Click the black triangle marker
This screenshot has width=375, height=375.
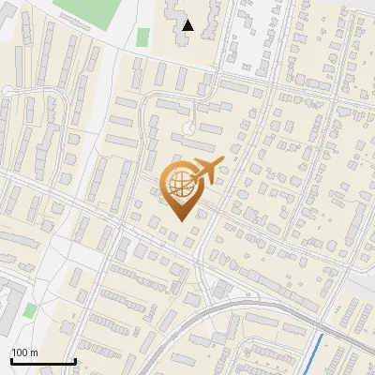point(188,25)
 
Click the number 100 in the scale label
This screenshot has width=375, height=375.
point(20,352)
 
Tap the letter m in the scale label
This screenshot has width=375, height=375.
point(34,352)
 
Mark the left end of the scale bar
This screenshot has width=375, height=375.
point(10,361)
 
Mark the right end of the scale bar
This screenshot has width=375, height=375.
point(75,361)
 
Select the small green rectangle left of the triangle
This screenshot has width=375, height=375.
point(142,37)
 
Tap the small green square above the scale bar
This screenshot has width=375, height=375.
point(30,310)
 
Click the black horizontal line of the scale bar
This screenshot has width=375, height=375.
point(42,361)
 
